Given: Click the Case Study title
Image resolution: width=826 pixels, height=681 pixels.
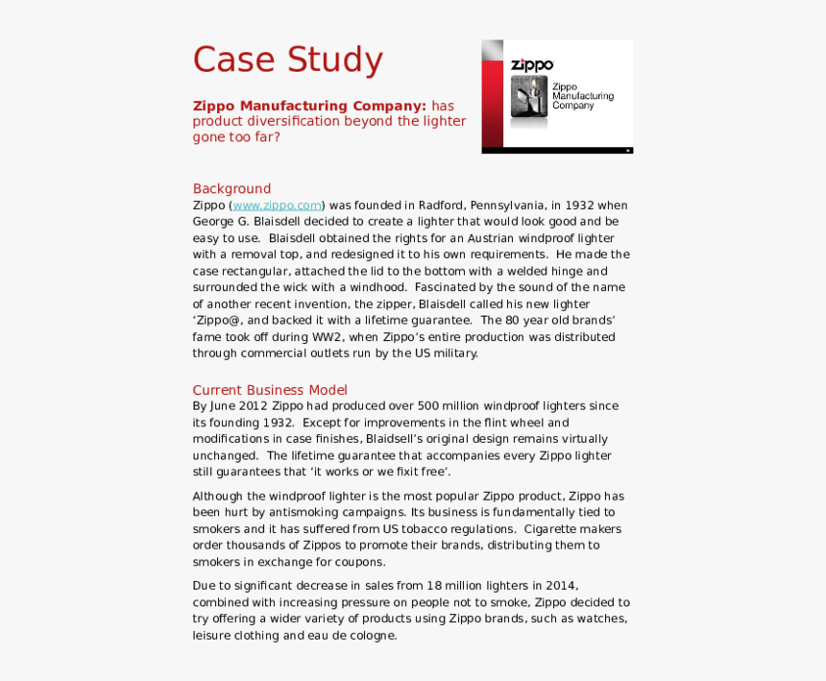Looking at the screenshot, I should click(287, 60).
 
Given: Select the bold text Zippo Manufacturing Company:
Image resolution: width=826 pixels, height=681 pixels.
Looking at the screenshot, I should click(309, 106).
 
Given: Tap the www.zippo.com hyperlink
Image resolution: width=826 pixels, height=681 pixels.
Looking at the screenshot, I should click(277, 206).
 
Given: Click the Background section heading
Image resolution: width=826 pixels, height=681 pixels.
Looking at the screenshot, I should click(231, 188).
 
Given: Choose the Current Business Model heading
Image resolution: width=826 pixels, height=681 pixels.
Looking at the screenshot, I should click(270, 390).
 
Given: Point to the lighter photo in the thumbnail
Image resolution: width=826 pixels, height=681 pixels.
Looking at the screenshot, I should click(528, 97).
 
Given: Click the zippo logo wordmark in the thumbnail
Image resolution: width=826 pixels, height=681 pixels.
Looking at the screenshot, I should click(532, 65).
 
